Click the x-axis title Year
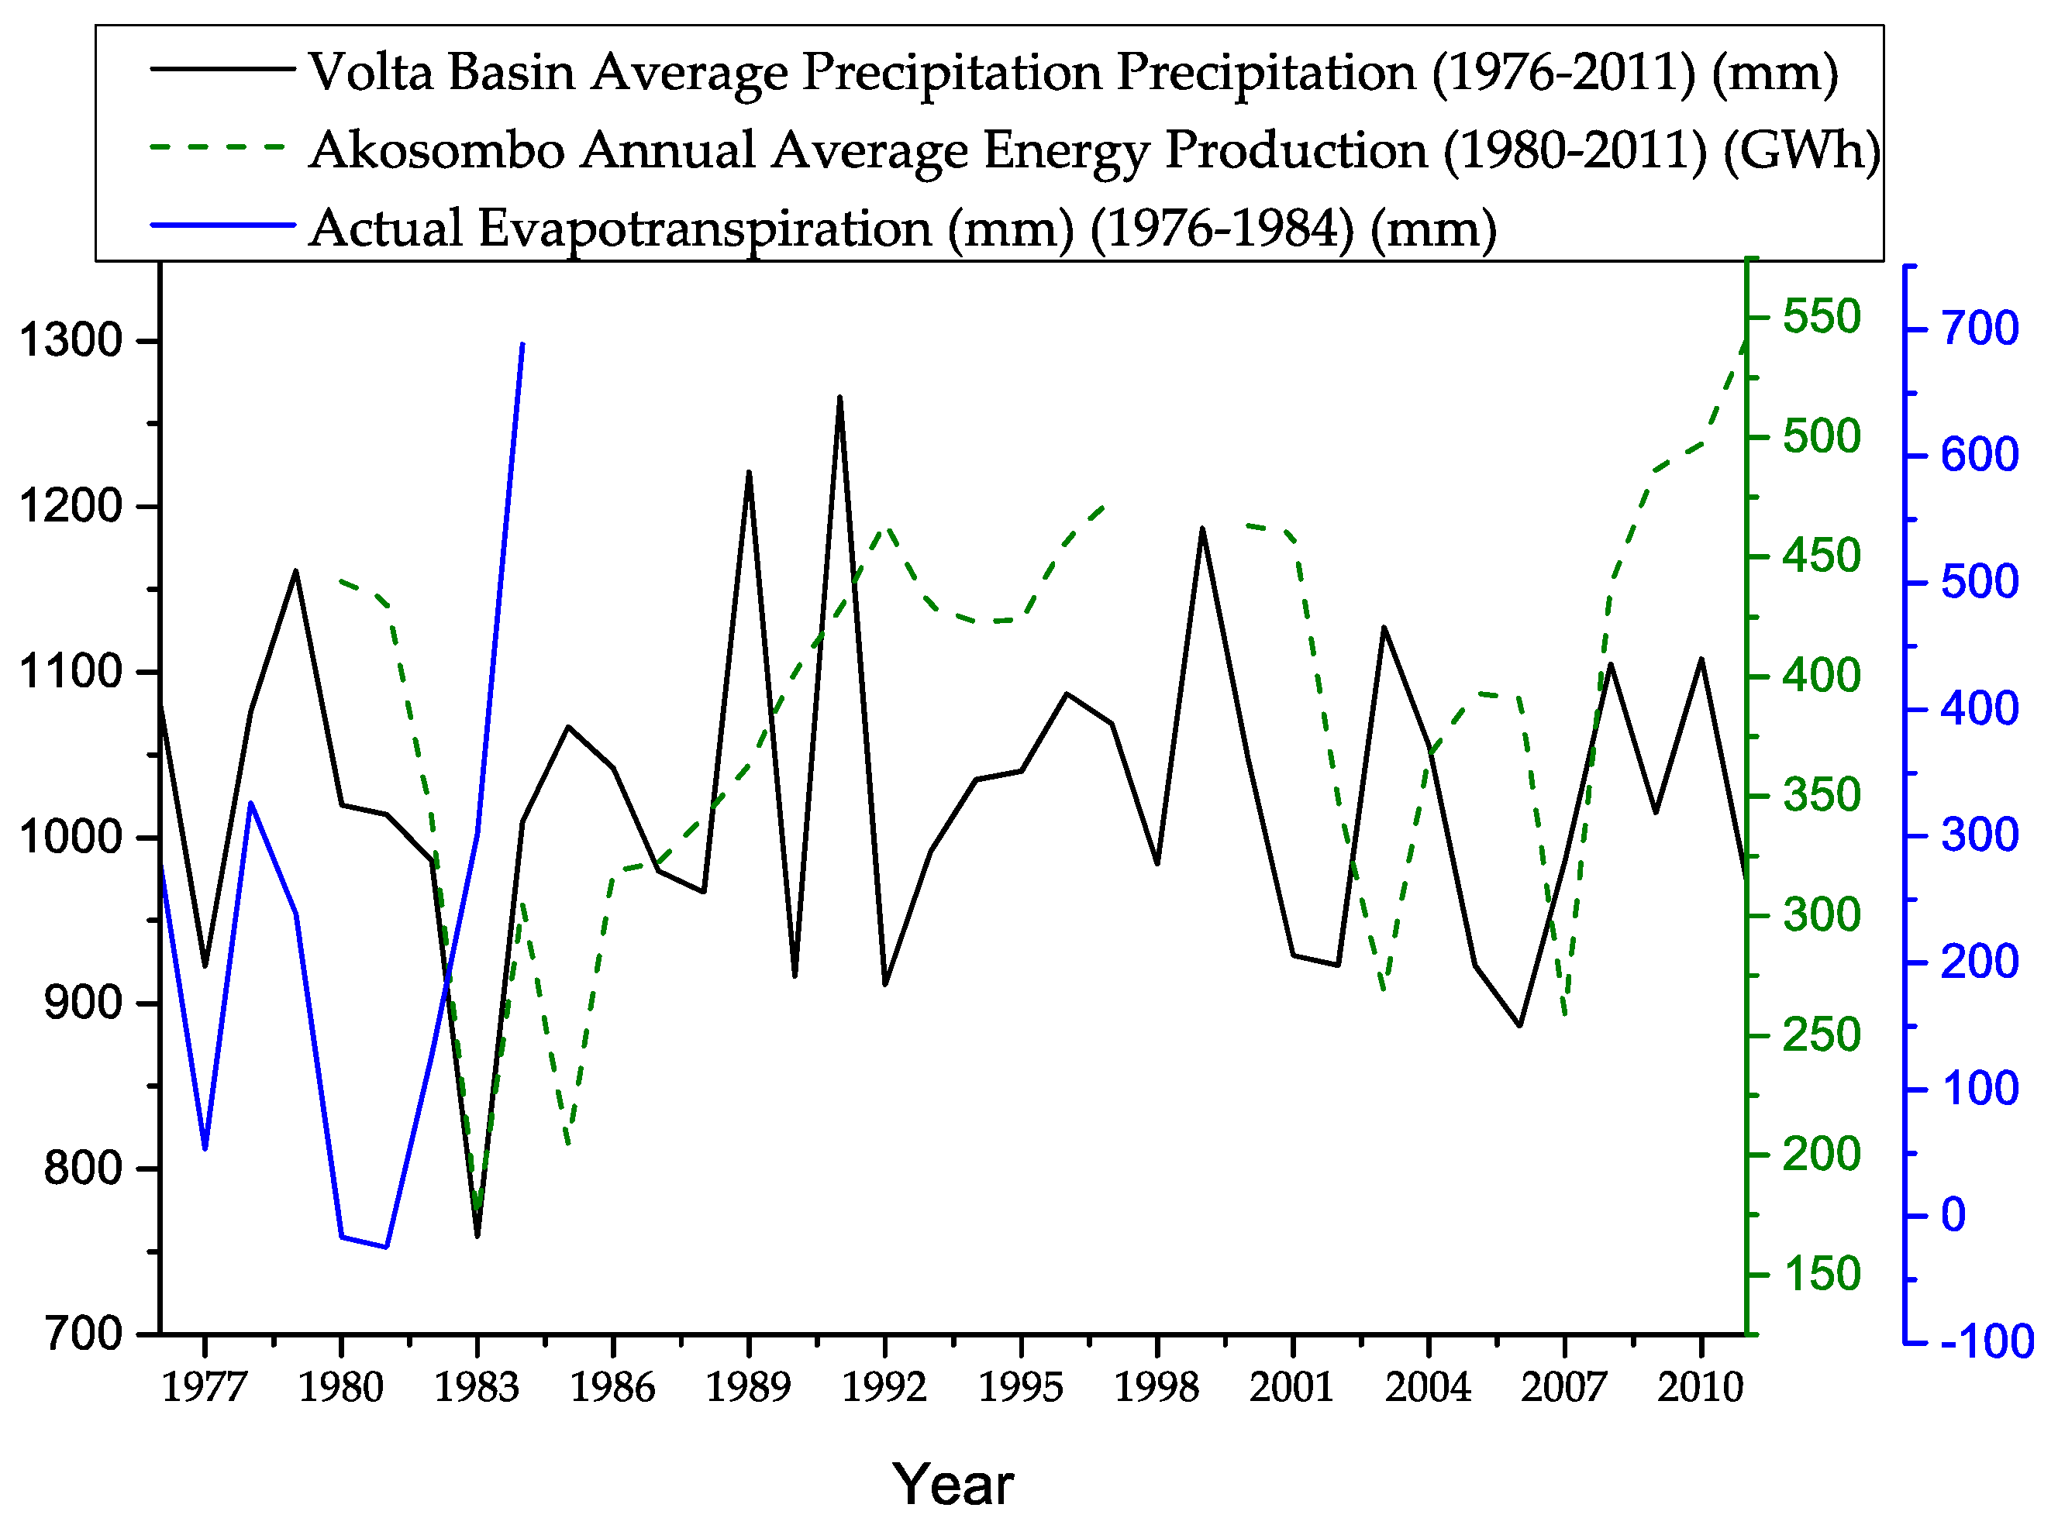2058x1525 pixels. (953, 1485)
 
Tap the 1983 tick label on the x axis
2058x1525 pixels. (477, 1387)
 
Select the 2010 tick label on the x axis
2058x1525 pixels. (1700, 1387)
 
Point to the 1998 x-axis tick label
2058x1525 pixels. (1156, 1387)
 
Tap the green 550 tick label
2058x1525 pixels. (1821, 318)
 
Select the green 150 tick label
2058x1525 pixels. (1821, 1275)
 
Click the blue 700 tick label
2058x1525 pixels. (1980, 329)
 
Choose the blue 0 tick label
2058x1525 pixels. (1953, 1215)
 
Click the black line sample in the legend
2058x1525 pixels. (222, 69)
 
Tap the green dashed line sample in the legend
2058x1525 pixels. (222, 148)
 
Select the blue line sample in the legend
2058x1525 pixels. (222, 225)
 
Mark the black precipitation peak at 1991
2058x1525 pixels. (839, 397)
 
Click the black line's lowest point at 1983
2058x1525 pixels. (477, 1236)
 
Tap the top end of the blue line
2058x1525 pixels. (522, 343)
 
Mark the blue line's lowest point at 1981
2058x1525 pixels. (387, 1246)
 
